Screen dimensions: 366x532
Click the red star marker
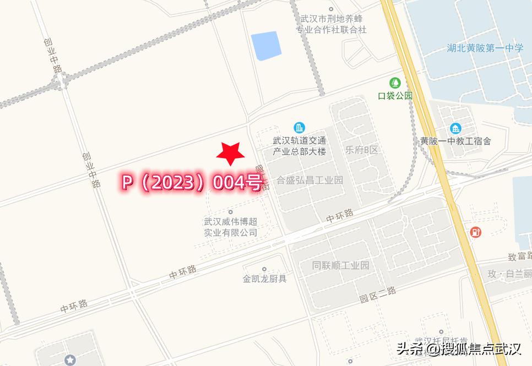click(x=230, y=154)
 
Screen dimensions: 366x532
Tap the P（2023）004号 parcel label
click(x=192, y=183)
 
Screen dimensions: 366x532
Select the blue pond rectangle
click(x=266, y=46)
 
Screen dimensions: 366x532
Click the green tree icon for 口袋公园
click(x=395, y=83)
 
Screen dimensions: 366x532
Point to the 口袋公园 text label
click(x=395, y=96)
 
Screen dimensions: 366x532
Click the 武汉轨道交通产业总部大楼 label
click(x=300, y=145)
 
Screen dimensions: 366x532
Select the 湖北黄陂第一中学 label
click(x=485, y=48)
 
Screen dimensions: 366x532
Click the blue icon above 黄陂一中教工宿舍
click(x=455, y=129)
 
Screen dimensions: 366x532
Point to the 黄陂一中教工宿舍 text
click(x=455, y=141)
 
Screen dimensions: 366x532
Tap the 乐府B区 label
click(x=362, y=150)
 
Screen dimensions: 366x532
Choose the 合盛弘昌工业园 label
click(x=310, y=180)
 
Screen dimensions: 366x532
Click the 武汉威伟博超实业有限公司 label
click(x=231, y=227)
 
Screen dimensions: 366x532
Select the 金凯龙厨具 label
click(x=265, y=278)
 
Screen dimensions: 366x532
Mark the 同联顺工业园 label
click(x=340, y=265)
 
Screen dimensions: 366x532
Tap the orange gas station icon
click(x=475, y=232)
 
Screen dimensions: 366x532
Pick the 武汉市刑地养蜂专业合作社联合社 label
click(x=331, y=24)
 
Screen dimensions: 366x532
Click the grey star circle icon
click(x=70, y=360)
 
